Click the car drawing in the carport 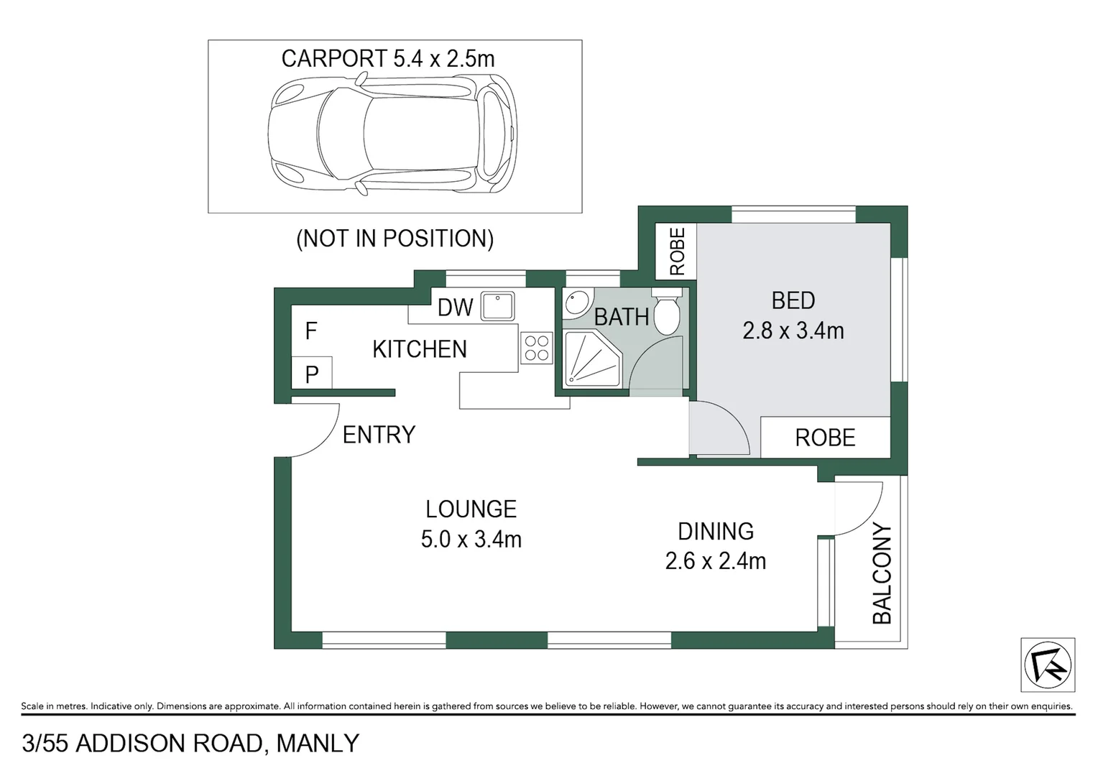pos(392,134)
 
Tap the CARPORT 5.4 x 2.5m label pos(387,58)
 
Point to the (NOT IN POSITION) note pos(395,239)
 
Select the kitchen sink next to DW pos(497,305)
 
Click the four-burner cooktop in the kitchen pos(536,348)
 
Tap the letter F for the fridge pos(310,331)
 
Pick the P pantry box pos(312,374)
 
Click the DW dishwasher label pos(455,308)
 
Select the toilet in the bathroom pos(666,312)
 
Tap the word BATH pos(621,317)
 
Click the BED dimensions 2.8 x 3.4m pos(793,331)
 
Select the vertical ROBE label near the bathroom pos(677,251)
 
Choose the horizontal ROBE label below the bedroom pos(825,438)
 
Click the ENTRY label pos(379,435)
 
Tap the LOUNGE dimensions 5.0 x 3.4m pos(471,539)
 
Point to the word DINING pos(716,531)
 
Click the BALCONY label pos(882,573)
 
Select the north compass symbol pos(1048,665)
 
